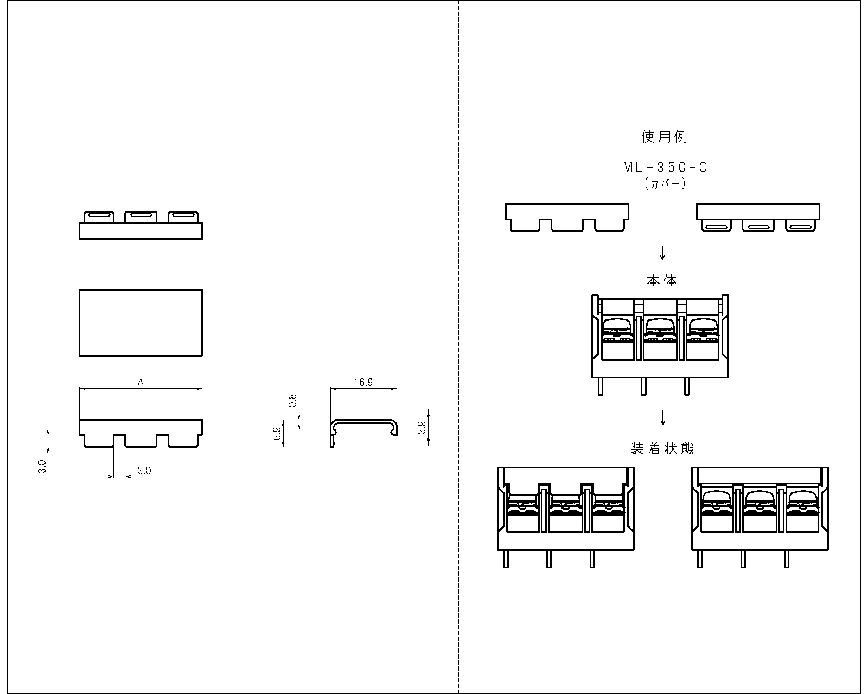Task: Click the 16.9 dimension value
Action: [x=363, y=382]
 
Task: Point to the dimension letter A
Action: [x=141, y=382]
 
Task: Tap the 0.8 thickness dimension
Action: [x=293, y=401]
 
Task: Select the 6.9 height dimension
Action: [x=277, y=434]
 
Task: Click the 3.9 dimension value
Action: [x=422, y=427]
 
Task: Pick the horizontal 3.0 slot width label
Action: [x=144, y=471]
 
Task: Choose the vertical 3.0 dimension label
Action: [x=42, y=467]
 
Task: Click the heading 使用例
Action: [x=664, y=137]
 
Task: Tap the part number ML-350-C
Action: [x=665, y=168]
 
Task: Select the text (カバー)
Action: [x=665, y=183]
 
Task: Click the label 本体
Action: [x=661, y=280]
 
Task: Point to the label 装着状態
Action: [x=662, y=448]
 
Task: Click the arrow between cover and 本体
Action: [x=662, y=253]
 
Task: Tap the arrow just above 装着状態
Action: [x=663, y=418]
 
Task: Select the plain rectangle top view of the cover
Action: [x=141, y=323]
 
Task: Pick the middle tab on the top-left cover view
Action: [x=141, y=217]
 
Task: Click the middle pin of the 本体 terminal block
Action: [x=643, y=387]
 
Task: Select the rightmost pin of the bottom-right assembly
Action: [x=787, y=559]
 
